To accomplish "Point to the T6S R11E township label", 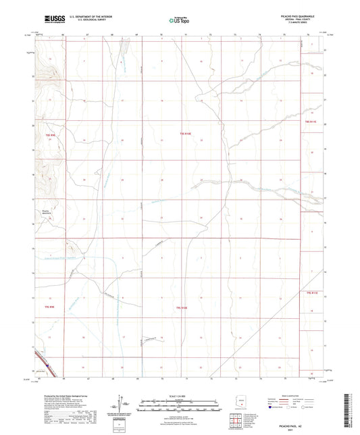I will [312, 292].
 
